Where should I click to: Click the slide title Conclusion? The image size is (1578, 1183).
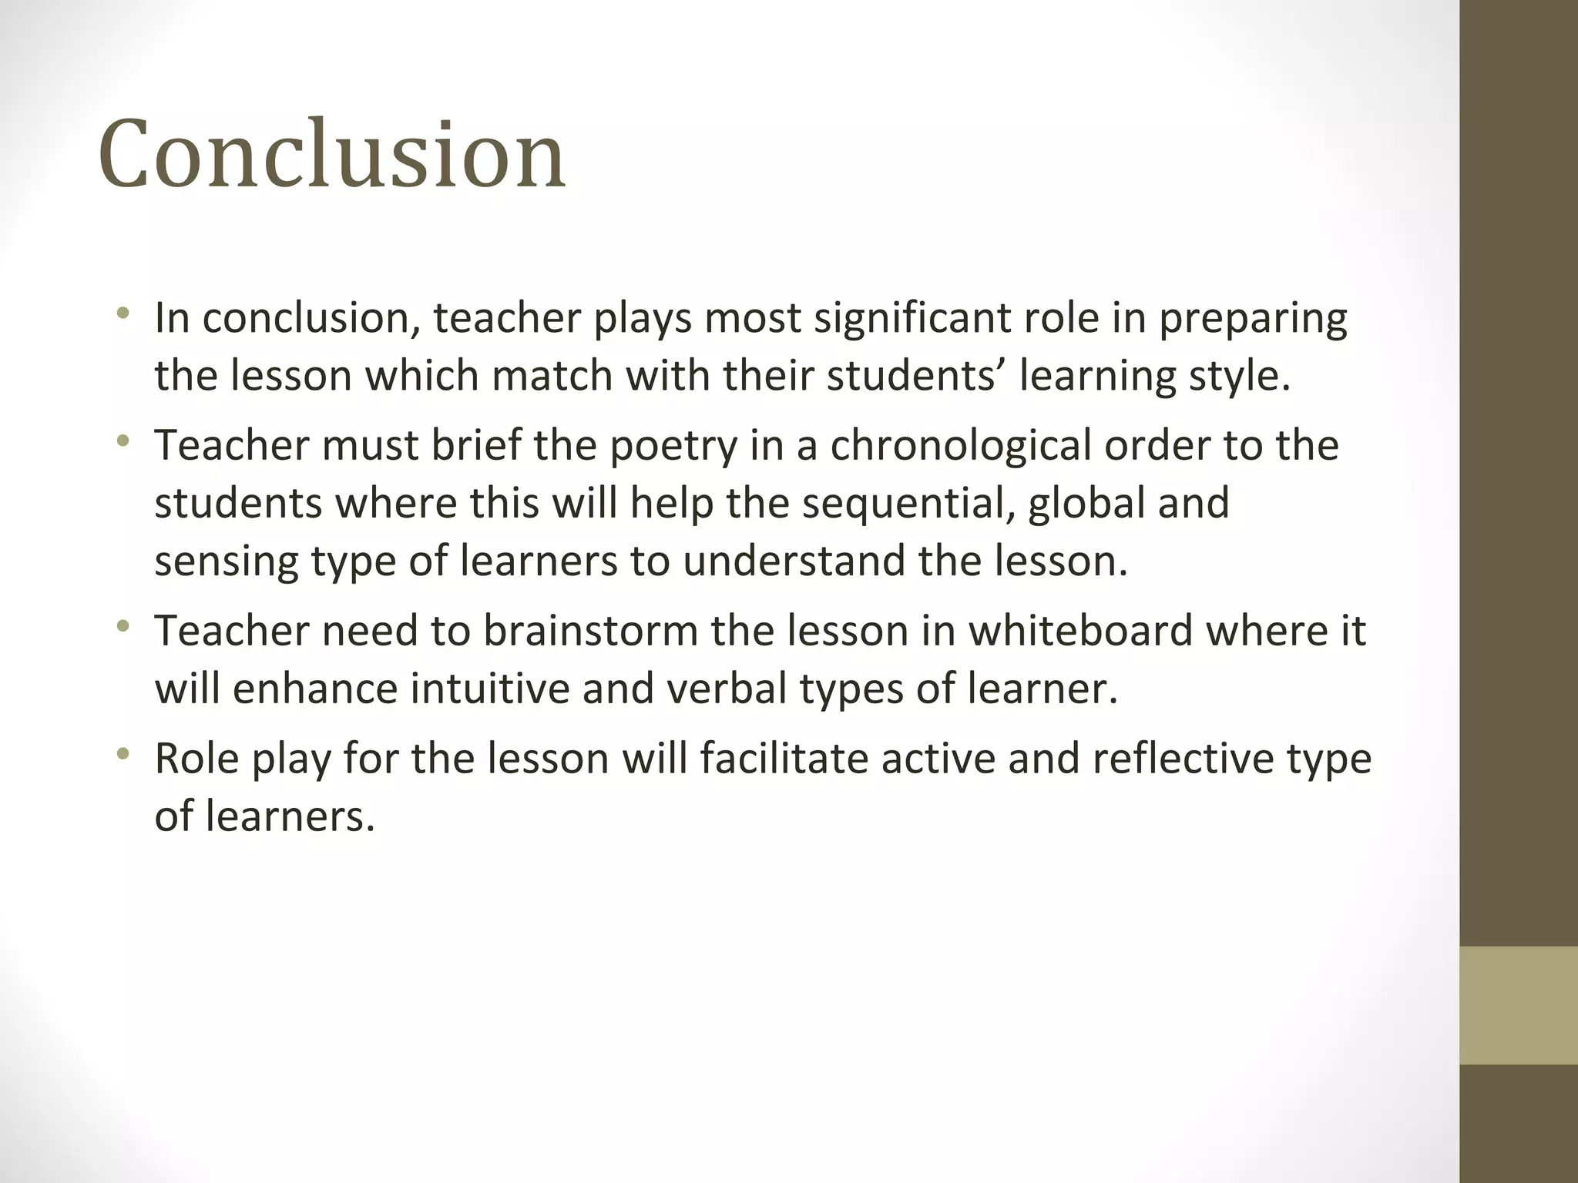click(332, 153)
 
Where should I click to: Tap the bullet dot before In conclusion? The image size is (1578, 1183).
click(123, 313)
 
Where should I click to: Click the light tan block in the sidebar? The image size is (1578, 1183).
click(1518, 1005)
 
